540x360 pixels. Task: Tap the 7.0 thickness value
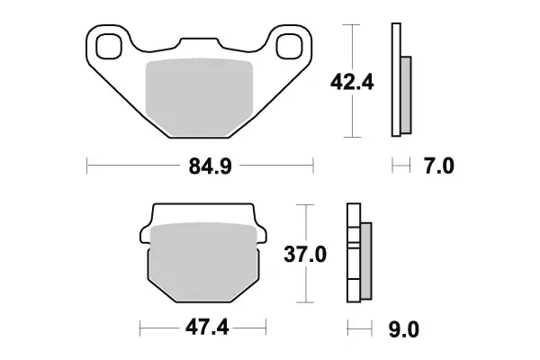[x=439, y=166]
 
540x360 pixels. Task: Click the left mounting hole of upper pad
[x=109, y=44]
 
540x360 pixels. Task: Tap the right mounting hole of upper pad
[x=290, y=45]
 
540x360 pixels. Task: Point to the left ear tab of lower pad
[x=145, y=235]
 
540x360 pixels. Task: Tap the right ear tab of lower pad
[x=260, y=235]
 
